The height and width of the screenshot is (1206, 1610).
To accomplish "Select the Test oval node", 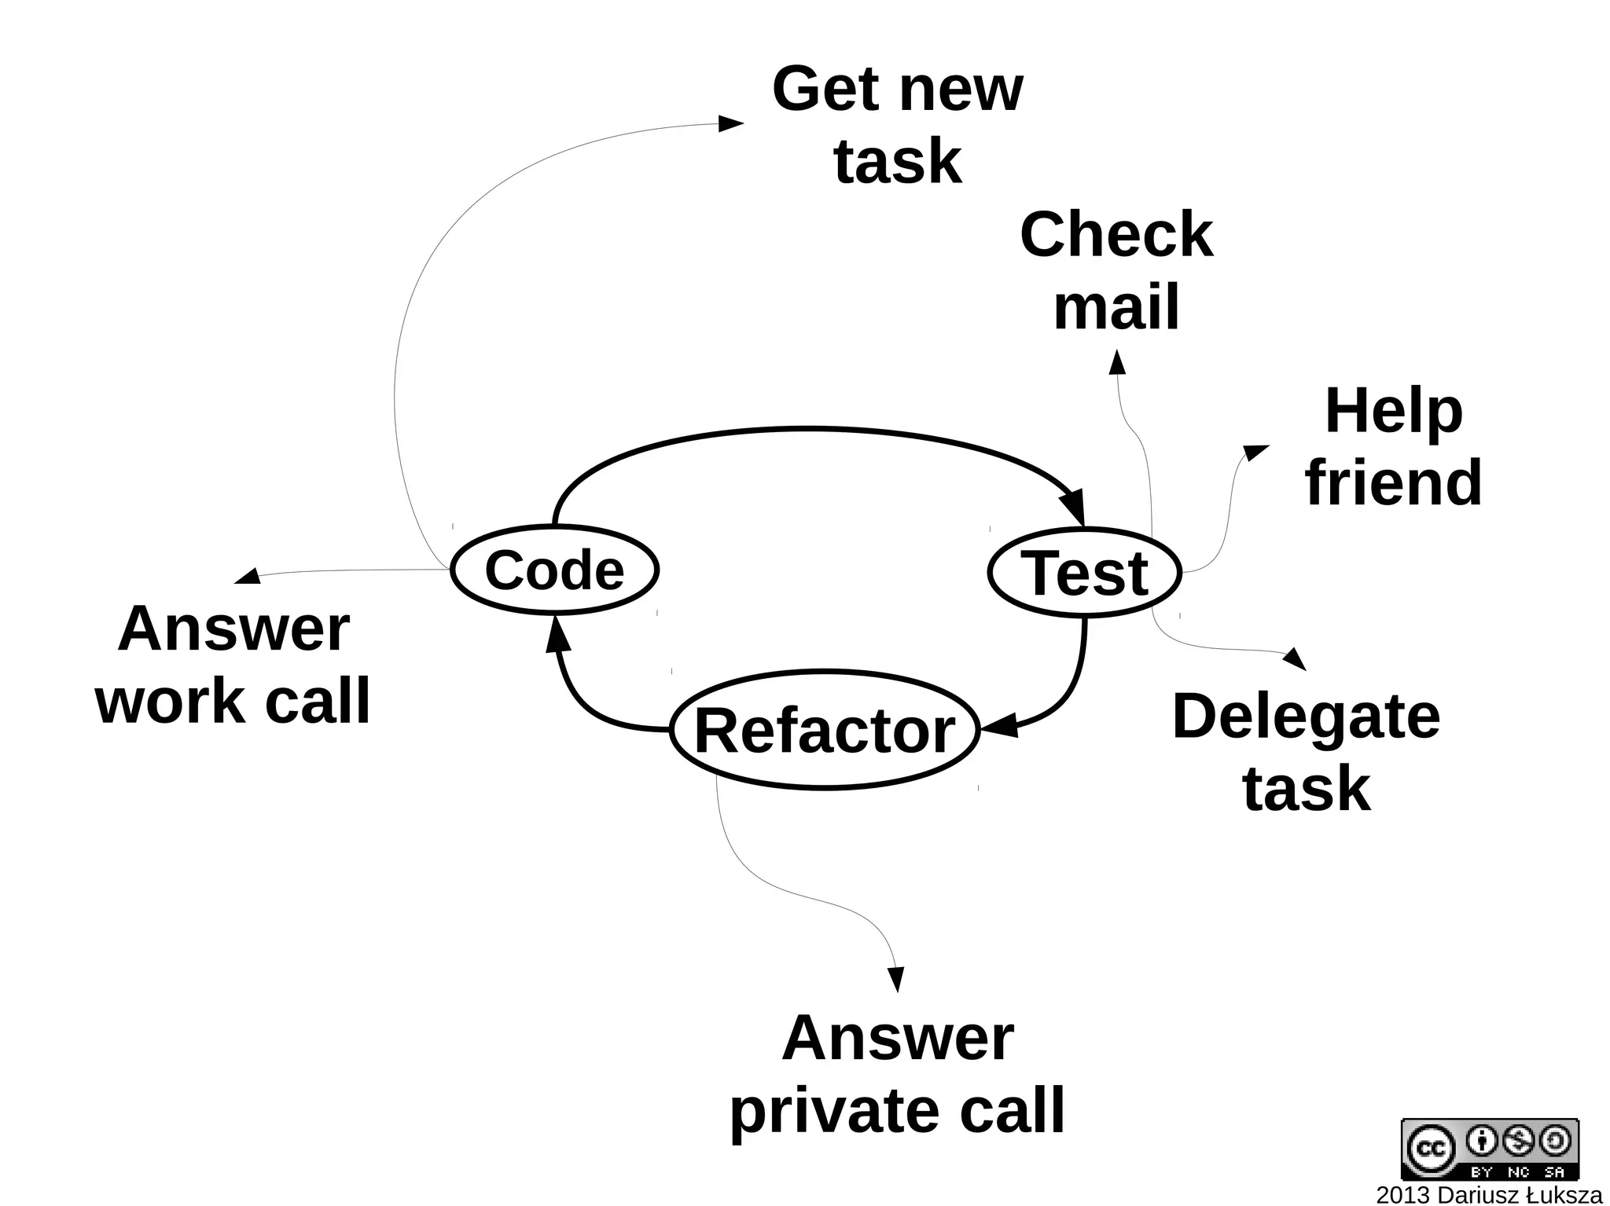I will tap(1084, 573).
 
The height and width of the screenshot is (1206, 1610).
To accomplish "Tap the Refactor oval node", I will tap(825, 731).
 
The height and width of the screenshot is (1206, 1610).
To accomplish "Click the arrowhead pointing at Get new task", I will tap(731, 123).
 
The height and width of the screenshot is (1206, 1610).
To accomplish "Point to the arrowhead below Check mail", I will tap(1116, 362).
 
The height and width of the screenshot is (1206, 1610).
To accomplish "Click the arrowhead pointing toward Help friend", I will tap(1255, 452).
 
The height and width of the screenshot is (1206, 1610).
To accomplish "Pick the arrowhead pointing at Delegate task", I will tap(1296, 658).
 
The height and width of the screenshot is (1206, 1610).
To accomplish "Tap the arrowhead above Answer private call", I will tap(895, 979).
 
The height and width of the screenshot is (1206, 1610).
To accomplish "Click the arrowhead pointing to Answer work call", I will tap(248, 577).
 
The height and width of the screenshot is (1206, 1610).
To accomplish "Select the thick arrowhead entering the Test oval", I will tap(1074, 506).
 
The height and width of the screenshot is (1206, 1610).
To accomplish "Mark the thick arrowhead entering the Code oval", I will tap(557, 634).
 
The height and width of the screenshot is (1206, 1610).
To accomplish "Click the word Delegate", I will tap(1306, 716).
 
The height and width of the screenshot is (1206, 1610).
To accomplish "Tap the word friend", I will tap(1394, 482).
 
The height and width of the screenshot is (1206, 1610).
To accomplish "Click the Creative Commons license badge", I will tap(1490, 1149).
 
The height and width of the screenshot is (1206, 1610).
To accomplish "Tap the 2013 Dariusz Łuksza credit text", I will tap(1489, 1195).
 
